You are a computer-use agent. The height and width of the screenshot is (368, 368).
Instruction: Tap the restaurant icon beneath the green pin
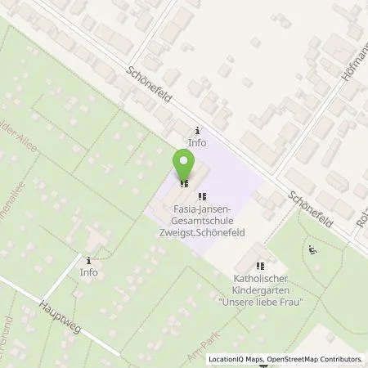pos(185,183)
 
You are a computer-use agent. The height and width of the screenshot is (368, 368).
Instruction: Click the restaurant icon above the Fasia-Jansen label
pos(202,196)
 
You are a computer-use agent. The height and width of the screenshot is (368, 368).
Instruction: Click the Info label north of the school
pos(197,142)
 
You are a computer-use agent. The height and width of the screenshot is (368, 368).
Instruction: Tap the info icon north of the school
pos(197,131)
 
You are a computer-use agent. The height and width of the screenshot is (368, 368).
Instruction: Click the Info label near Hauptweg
pos(89,272)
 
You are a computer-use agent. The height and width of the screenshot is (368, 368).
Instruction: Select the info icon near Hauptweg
pos(89,260)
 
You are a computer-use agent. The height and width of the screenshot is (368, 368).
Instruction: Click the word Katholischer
pos(261,279)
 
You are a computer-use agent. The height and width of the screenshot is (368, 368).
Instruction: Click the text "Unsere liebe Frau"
pos(261,302)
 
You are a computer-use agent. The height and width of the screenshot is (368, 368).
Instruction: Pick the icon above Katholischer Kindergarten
pos(261,266)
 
